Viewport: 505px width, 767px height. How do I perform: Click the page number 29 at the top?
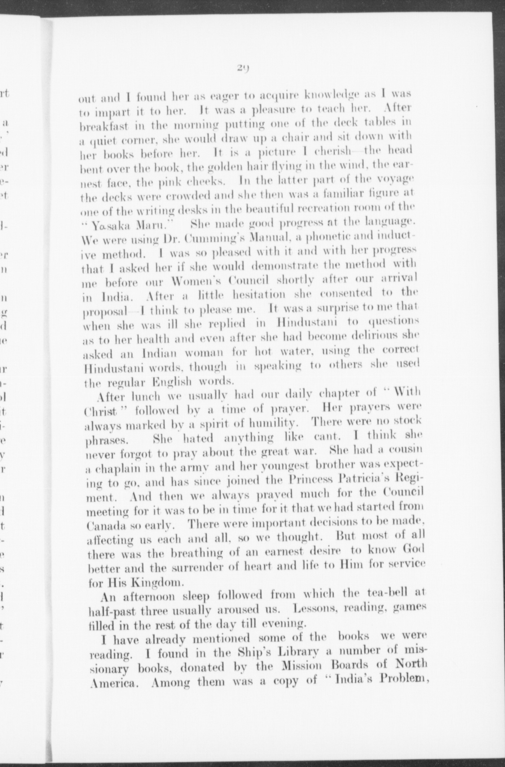pyautogui.click(x=244, y=68)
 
